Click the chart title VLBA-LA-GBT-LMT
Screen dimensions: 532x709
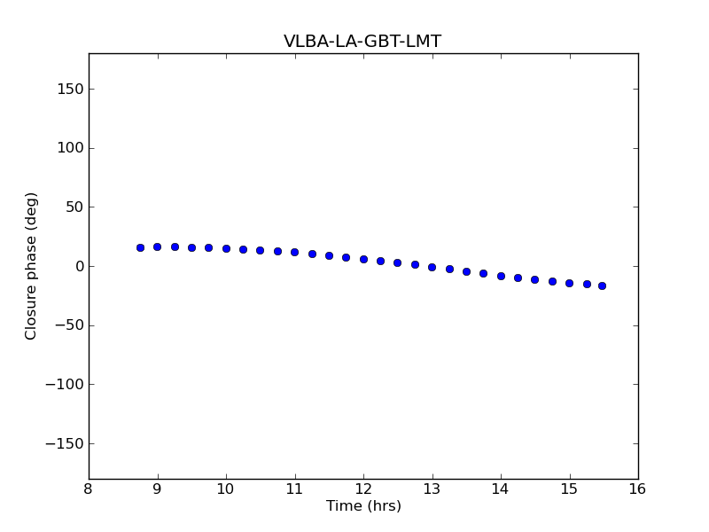[x=362, y=42]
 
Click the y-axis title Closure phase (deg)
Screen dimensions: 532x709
[x=32, y=266]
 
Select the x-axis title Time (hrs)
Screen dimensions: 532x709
[x=363, y=506]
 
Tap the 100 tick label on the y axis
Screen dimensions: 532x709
[x=71, y=148]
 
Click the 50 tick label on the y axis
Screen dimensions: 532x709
[x=74, y=207]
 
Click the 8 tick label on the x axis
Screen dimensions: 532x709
[x=89, y=489]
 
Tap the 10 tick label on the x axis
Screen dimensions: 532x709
[x=226, y=489]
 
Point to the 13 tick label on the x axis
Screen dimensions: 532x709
[x=432, y=489]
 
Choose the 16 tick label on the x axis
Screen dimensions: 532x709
[x=637, y=489]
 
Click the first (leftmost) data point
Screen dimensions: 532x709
[x=140, y=247]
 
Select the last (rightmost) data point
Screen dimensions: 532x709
[x=602, y=286]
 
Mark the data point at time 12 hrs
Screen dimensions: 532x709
[x=363, y=259]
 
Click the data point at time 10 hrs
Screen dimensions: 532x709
[x=226, y=248]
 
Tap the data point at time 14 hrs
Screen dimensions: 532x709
[x=501, y=276]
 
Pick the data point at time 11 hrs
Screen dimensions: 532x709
[x=294, y=252]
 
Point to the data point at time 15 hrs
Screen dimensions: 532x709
[x=569, y=283]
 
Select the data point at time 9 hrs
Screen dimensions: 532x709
[x=157, y=246]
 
